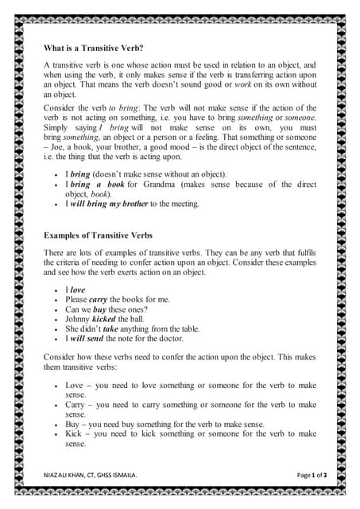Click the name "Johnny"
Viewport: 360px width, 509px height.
pos(79,319)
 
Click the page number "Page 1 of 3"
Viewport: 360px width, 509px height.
pos(312,475)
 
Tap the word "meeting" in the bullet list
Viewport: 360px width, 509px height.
pos(182,204)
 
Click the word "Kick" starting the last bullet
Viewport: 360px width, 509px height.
pos(75,434)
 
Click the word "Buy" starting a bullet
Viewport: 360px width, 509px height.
pos(75,425)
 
